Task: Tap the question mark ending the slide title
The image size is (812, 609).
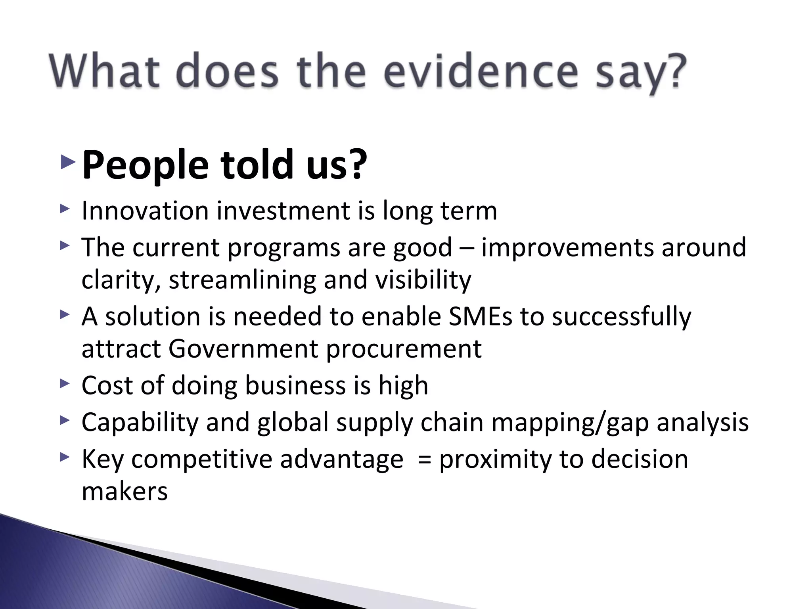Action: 674,72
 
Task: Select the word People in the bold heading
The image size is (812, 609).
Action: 145,165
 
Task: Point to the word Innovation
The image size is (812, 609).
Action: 145,211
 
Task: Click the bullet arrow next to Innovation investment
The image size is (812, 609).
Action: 65,209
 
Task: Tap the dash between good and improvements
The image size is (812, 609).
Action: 467,248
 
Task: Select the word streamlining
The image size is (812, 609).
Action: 242,280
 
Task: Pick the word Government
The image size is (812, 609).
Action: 243,349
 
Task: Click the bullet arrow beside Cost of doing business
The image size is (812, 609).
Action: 65,383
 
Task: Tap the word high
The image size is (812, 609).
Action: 403,386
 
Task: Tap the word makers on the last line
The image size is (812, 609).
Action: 124,492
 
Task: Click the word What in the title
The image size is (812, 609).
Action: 104,72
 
